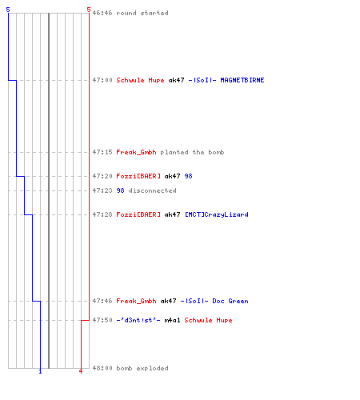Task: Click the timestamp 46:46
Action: click(102, 13)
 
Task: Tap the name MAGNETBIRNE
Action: click(242, 80)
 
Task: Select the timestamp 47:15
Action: click(102, 152)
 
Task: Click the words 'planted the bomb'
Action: click(192, 152)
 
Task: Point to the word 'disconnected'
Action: click(152, 190)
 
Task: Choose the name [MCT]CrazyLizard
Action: click(217, 214)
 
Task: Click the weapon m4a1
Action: click(172, 320)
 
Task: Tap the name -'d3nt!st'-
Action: click(138, 320)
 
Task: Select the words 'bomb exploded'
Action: click(142, 368)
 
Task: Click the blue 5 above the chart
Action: click(8, 10)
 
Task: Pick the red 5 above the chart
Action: click(89, 10)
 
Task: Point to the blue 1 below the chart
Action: click(40, 371)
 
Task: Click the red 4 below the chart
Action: click(81, 371)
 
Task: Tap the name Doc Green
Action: click(230, 301)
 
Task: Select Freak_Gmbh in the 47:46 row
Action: click(136, 301)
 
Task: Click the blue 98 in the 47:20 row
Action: click(188, 176)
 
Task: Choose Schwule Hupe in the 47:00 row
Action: click(140, 80)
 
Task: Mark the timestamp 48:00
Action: click(102, 368)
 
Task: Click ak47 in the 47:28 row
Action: click(172, 214)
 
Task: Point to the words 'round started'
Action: click(142, 13)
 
